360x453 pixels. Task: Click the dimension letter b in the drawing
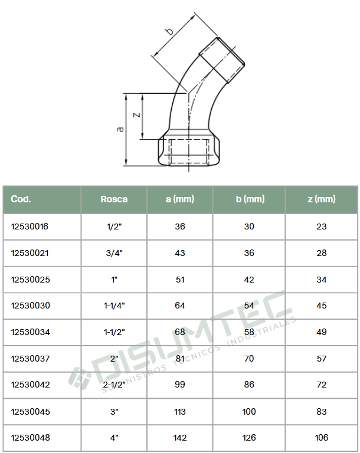(x=170, y=30)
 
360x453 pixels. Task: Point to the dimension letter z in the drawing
(x=137, y=114)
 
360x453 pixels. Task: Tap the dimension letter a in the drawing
(x=120, y=129)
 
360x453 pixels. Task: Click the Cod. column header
(x=21, y=199)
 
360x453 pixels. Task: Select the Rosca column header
(x=114, y=199)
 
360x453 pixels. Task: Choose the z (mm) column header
(x=322, y=199)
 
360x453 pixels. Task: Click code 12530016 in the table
(x=30, y=226)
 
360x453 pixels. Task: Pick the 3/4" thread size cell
(x=114, y=253)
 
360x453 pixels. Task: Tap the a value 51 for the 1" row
(x=180, y=280)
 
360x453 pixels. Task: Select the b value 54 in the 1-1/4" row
(x=249, y=306)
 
